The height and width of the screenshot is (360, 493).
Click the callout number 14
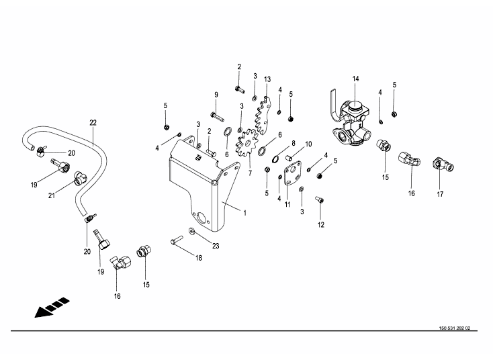coord(356,79)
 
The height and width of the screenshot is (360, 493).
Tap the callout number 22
coord(93,122)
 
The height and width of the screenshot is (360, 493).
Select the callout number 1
coord(245,213)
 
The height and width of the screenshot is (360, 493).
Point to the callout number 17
coord(440,195)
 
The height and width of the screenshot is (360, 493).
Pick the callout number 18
coord(199,258)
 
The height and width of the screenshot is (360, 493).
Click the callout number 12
coord(320,224)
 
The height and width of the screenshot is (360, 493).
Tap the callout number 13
coord(267,79)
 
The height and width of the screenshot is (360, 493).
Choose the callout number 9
coord(216,94)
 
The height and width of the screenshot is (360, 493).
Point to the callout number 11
coord(287,204)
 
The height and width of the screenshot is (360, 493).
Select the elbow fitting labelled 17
coord(441,163)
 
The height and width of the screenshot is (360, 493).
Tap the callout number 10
coord(309,144)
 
